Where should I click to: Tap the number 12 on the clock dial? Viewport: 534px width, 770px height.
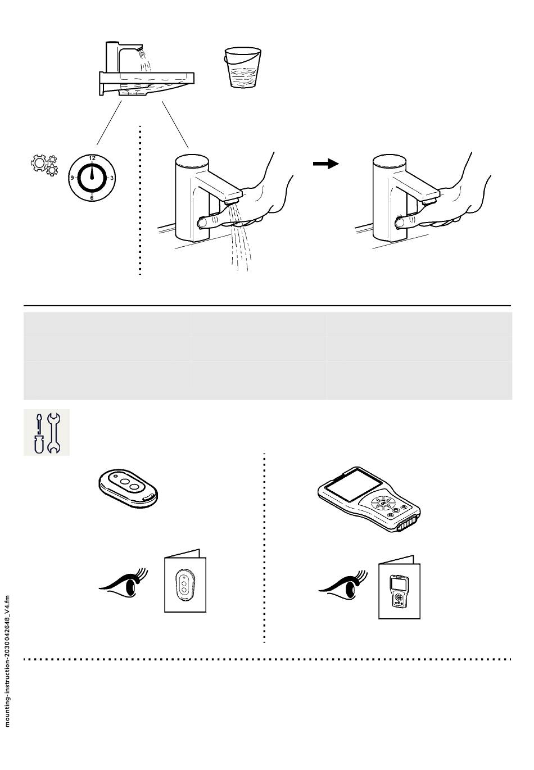pyautogui.click(x=92, y=158)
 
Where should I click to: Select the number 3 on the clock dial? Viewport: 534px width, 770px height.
pyautogui.click(x=112, y=178)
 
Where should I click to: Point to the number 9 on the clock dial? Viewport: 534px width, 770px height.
pyautogui.click(x=72, y=178)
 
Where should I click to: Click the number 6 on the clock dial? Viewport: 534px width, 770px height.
pyautogui.click(x=92, y=198)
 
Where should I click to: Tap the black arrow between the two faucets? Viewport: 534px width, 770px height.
pyautogui.click(x=325, y=164)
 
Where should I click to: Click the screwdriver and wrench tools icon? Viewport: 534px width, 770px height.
pyautogui.click(x=47, y=433)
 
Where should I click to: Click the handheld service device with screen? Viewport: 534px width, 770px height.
pyautogui.click(x=368, y=498)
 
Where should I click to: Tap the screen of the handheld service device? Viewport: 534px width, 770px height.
pyautogui.click(x=349, y=484)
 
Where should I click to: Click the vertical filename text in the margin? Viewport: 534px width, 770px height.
pyautogui.click(x=7, y=660)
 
